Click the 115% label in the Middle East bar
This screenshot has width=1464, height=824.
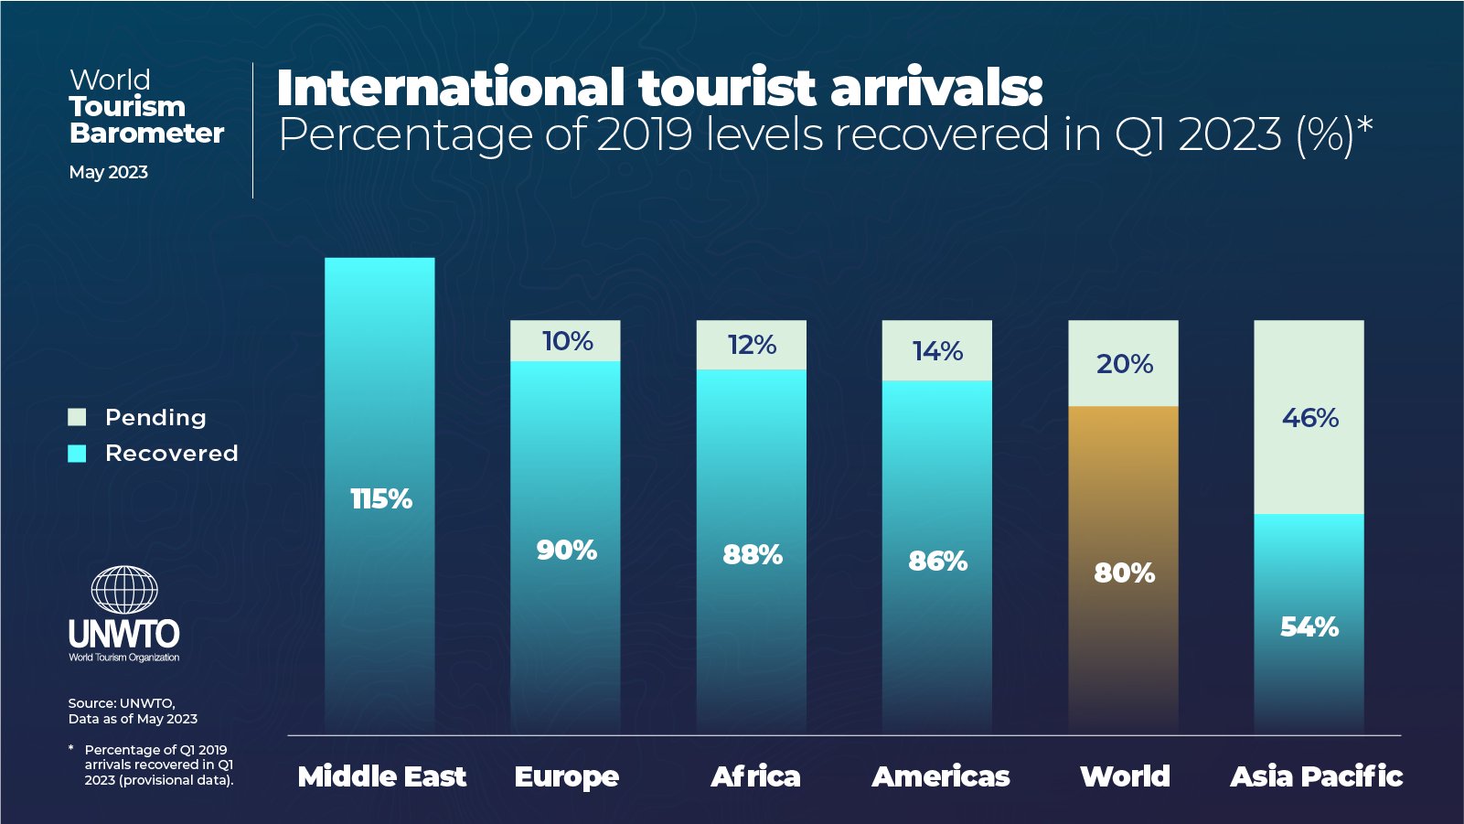(x=381, y=499)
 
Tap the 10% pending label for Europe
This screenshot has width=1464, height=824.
(x=567, y=341)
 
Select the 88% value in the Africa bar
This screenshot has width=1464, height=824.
(x=752, y=555)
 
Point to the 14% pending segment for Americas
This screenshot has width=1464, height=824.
(x=937, y=351)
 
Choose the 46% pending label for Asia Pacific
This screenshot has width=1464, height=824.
(x=1309, y=418)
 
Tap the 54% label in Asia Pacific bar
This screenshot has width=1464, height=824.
(x=1309, y=627)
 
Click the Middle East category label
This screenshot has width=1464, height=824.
(x=381, y=776)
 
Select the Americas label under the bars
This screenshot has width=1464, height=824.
(x=940, y=776)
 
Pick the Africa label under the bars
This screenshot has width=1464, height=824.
(x=755, y=776)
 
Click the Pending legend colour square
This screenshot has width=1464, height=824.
(x=78, y=418)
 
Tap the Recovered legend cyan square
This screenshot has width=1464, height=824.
(x=78, y=454)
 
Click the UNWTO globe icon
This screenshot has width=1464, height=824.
(x=124, y=590)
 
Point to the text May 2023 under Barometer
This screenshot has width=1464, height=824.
(x=108, y=173)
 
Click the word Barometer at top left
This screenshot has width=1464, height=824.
(x=146, y=134)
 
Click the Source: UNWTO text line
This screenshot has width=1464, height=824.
(x=121, y=703)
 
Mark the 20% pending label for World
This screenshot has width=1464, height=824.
(x=1124, y=364)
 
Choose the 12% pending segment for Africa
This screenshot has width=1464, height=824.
(x=752, y=346)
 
